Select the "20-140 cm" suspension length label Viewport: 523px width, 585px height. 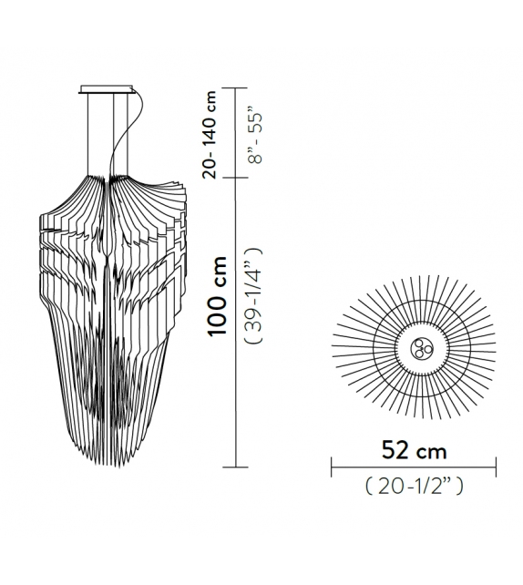coord(211,134)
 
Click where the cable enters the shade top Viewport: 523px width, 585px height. coord(113,178)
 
